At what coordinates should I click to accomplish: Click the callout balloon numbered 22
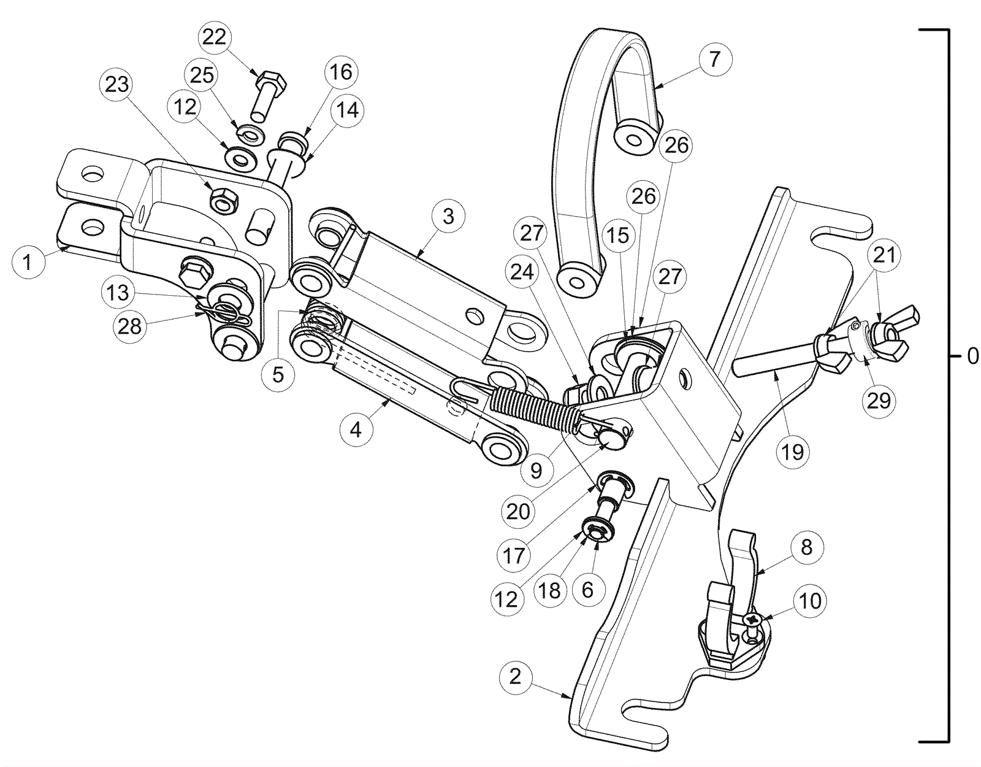(215, 37)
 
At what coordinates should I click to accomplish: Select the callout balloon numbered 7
(714, 60)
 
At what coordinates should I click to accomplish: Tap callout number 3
(448, 217)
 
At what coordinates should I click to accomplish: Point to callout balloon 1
(28, 263)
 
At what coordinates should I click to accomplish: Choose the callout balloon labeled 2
(515, 676)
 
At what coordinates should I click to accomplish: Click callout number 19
(792, 452)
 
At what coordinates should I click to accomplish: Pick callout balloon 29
(879, 401)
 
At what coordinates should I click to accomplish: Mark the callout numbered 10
(810, 601)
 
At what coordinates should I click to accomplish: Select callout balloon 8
(806, 547)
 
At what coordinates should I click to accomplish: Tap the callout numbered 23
(116, 84)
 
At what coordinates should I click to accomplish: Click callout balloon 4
(356, 430)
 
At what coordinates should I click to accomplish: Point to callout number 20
(518, 511)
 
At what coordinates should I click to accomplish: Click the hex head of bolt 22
(270, 80)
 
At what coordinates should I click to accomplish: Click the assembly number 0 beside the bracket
(972, 357)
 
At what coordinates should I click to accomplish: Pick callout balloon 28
(130, 326)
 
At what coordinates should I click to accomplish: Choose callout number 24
(522, 272)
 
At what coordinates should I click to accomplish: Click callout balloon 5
(278, 374)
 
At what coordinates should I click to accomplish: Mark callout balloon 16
(341, 72)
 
